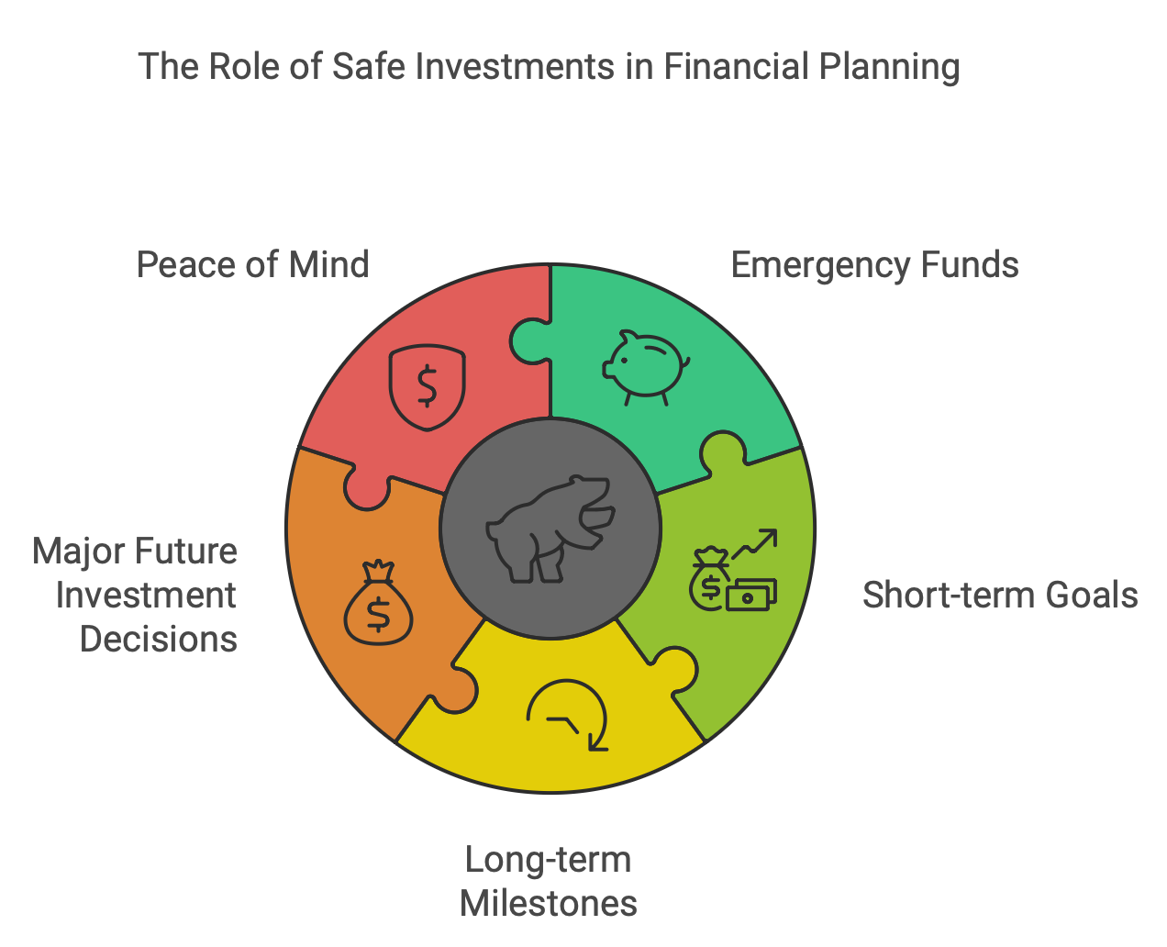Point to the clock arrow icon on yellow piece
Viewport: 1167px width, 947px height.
pyautogui.click(x=568, y=715)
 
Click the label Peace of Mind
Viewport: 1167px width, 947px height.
pyautogui.click(x=252, y=264)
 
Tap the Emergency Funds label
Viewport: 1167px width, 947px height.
pyautogui.click(x=874, y=264)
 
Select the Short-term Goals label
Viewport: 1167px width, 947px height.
pyautogui.click(x=1000, y=595)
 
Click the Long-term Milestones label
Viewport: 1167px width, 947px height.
pyautogui.click(x=549, y=881)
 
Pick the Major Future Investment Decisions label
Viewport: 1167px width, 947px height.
pyautogui.click(x=136, y=595)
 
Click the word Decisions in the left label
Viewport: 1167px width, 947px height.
pyautogui.click(x=159, y=639)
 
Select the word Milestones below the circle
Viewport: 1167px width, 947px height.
pyautogui.click(x=549, y=903)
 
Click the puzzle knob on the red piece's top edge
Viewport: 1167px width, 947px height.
pyautogui.click(x=530, y=340)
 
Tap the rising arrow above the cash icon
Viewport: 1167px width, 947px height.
pyautogui.click(x=755, y=544)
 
